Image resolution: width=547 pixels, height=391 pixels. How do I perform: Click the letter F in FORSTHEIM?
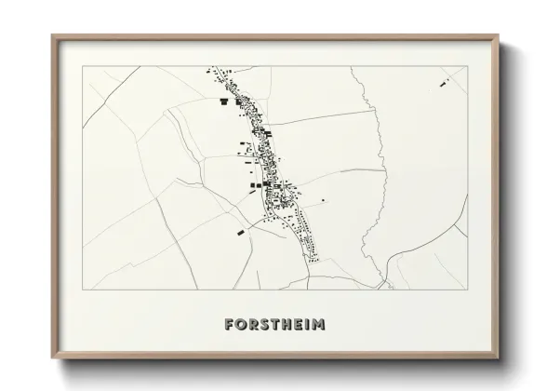click(229, 325)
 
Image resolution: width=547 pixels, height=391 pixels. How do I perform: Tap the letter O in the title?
click(240, 325)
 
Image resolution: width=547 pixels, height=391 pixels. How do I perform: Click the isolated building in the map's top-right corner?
click(444, 85)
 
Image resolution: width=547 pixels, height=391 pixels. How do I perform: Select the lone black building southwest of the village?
click(242, 230)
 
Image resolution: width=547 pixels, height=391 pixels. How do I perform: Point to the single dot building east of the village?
click(323, 200)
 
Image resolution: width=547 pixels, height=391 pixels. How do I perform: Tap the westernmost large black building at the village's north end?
click(223, 101)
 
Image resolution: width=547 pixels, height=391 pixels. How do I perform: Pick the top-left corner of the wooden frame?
click(52, 36)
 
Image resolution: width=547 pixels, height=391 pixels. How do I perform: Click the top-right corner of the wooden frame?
click(498, 36)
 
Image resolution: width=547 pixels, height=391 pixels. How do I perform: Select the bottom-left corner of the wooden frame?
click(52, 357)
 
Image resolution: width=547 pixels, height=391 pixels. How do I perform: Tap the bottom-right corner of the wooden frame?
click(498, 357)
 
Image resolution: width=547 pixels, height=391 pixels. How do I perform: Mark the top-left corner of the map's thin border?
click(82, 66)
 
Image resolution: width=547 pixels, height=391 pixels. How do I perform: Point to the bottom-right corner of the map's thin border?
click(467, 290)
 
